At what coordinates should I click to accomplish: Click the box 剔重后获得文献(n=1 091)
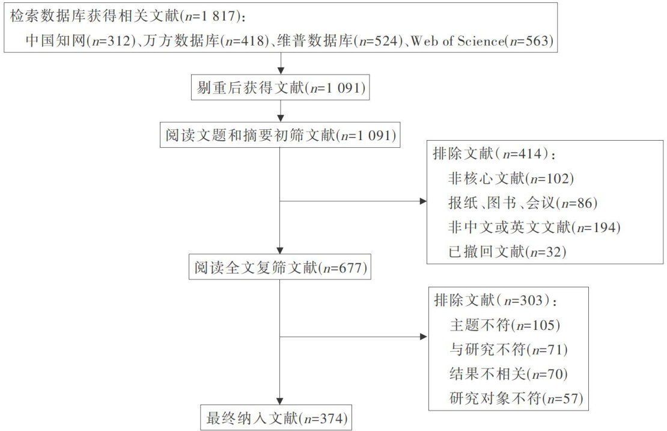coord(279,88)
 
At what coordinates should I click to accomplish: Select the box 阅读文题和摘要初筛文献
coord(279,135)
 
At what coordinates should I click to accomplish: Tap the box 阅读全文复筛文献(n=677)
coord(279,267)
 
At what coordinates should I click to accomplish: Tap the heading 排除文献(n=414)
coord(494,153)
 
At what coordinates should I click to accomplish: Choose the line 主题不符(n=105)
coord(505,325)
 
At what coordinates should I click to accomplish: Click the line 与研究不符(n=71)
coord(508,349)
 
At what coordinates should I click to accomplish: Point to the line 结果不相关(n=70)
coord(508,373)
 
